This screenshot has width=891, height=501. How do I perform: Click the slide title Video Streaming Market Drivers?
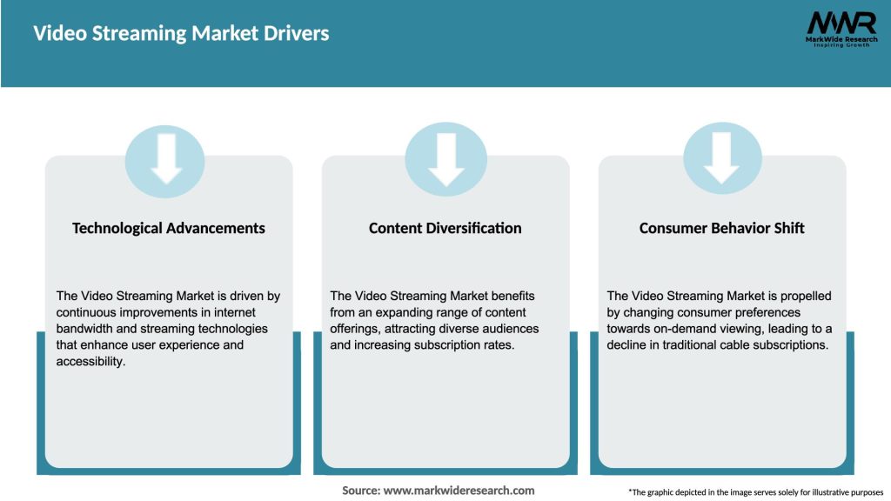pos(181,34)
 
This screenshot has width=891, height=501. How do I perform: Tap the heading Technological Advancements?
pos(169,228)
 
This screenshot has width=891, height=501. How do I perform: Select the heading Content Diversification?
pos(445,228)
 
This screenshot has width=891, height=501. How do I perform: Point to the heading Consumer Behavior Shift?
pos(721,228)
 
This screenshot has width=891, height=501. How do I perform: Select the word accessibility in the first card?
pos(91,361)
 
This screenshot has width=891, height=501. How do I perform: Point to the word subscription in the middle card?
pos(453,344)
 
